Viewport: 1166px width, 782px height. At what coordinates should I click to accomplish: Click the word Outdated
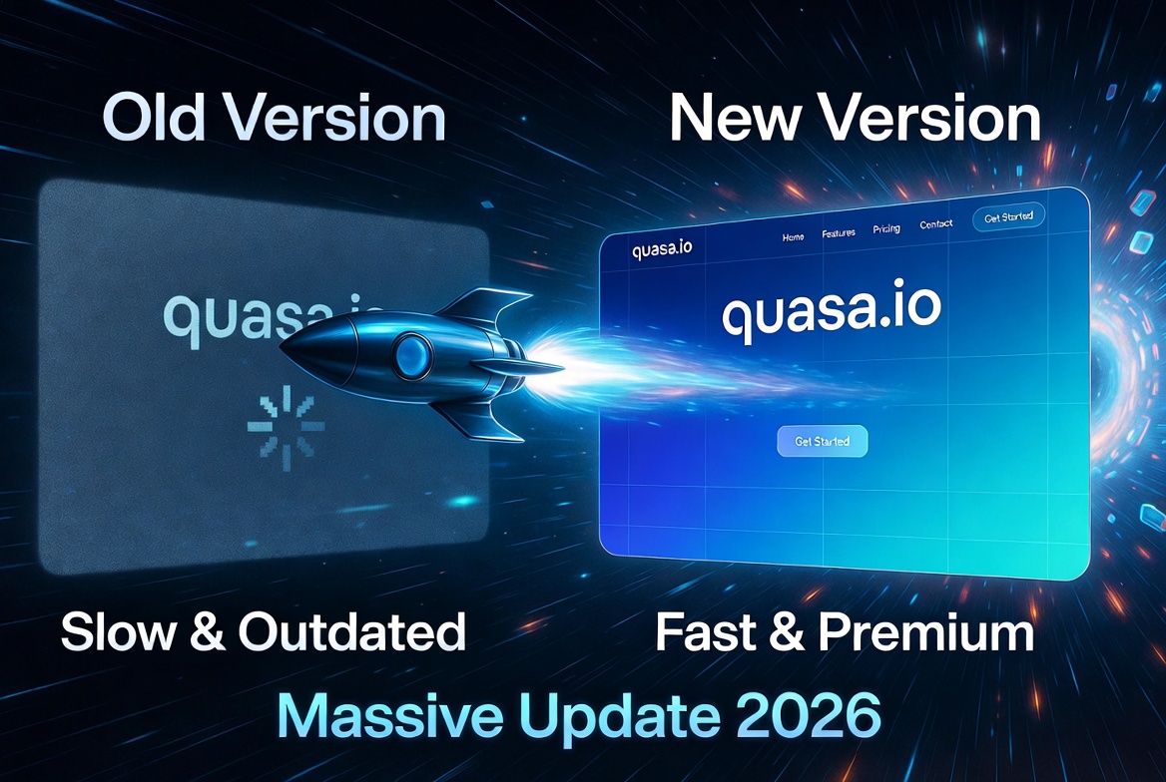point(352,632)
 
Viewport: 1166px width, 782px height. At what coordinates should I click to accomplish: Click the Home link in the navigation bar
point(793,237)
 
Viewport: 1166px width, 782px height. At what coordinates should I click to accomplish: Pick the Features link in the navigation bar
point(839,234)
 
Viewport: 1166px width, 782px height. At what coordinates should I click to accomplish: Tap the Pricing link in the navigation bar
point(885,229)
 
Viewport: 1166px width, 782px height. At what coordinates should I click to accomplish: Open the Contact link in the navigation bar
point(935,225)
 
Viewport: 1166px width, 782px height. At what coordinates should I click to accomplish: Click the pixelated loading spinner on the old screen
point(286,423)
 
